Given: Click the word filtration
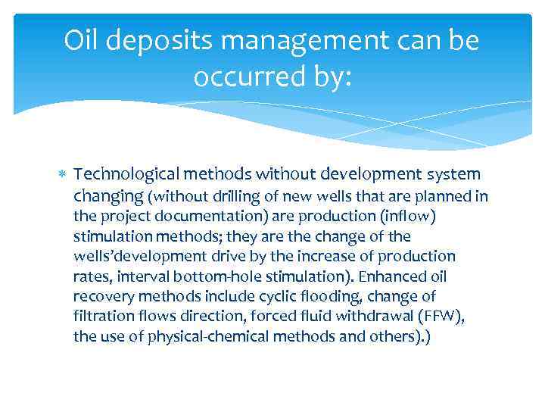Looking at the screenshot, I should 103,315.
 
